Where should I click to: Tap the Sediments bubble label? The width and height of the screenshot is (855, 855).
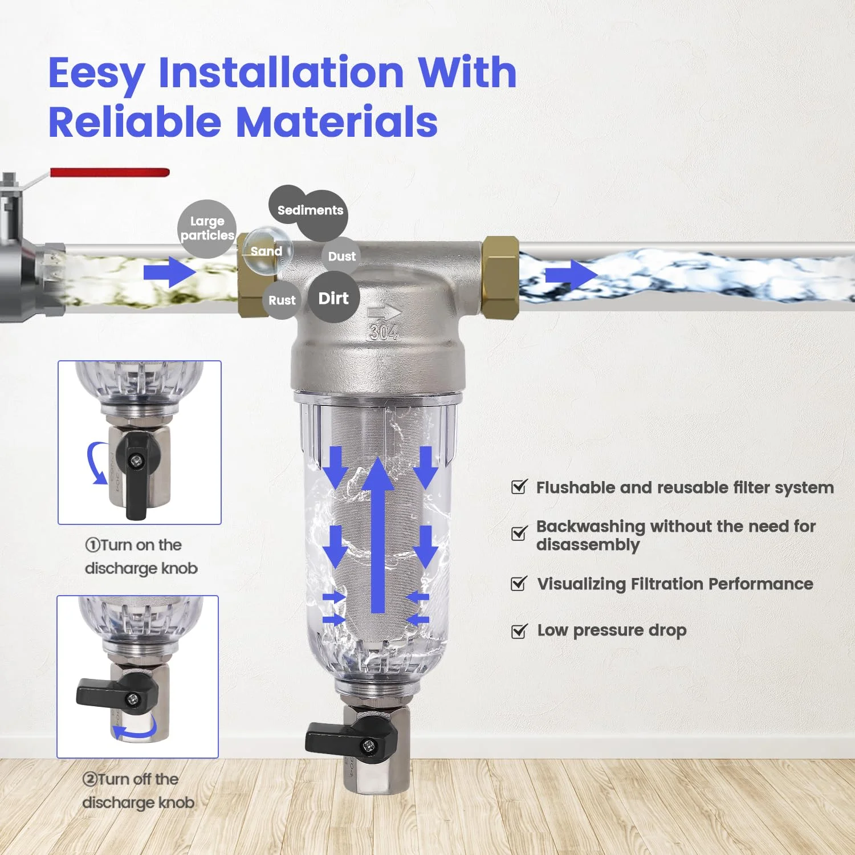tap(310, 210)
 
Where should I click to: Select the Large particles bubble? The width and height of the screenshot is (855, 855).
tap(206, 228)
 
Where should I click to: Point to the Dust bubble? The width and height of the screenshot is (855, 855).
tap(341, 256)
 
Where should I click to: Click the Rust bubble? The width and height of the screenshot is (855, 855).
tap(282, 300)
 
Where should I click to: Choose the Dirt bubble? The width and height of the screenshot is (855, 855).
tap(333, 298)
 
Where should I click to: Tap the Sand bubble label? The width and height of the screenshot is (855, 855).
tap(266, 251)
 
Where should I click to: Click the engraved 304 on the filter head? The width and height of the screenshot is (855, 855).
tap(383, 332)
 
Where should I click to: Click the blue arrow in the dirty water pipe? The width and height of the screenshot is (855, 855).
tap(169, 272)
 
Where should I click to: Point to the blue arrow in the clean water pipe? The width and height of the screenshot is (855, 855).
tap(570, 275)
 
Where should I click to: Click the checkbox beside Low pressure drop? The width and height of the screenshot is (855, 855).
tap(519, 631)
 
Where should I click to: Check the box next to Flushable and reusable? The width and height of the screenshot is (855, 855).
tap(519, 487)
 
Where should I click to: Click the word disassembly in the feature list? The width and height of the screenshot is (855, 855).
tap(588, 545)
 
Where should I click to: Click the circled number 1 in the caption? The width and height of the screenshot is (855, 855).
tap(92, 545)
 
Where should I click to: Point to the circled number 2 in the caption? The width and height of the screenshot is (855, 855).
tap(89, 779)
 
